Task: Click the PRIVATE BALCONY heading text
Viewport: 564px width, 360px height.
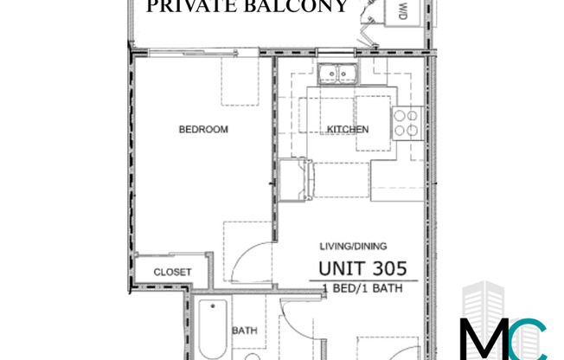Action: (247, 7)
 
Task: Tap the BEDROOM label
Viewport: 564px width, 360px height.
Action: (203, 130)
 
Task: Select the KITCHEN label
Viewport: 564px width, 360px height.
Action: (348, 130)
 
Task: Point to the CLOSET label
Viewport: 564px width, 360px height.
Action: (172, 272)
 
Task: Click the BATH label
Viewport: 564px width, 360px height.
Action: (243, 331)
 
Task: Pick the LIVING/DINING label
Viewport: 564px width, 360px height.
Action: (344, 247)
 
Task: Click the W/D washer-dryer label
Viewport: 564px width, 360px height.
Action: (403, 12)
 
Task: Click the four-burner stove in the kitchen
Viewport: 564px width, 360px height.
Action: (406, 125)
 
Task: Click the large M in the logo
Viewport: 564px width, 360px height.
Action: (487, 339)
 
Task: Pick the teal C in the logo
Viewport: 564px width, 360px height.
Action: (529, 339)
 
